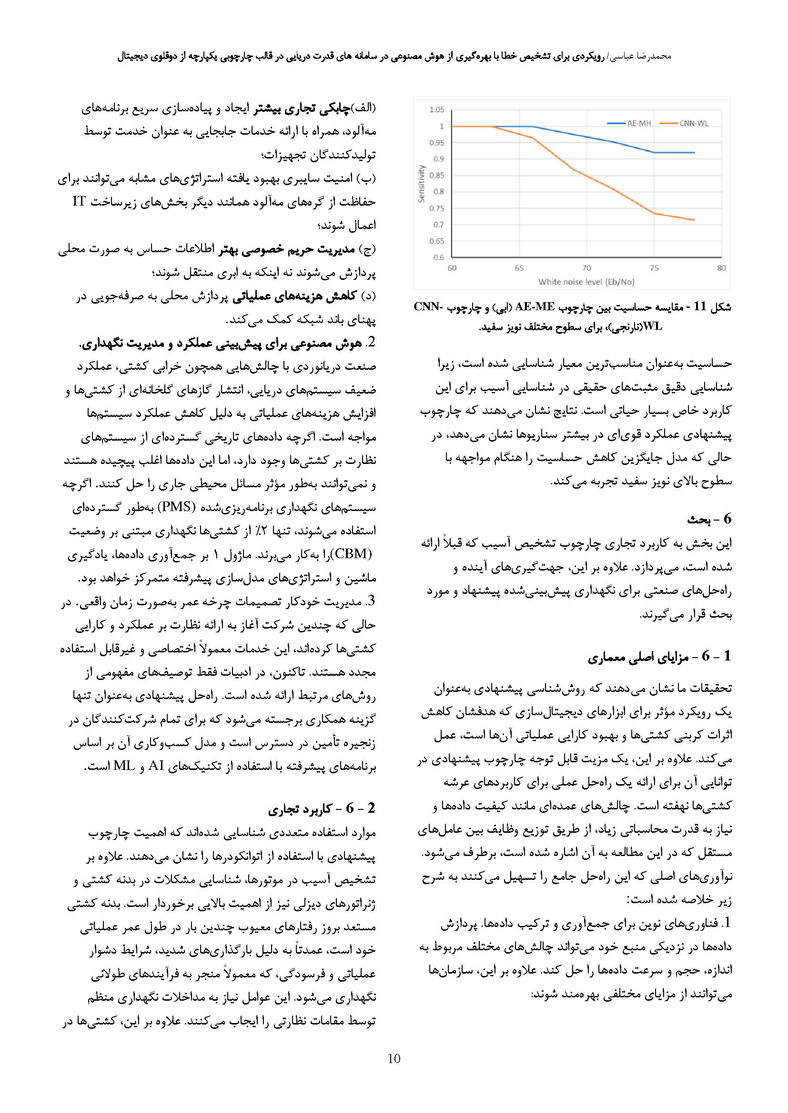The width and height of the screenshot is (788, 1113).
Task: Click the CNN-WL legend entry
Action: pyautogui.click(x=693, y=124)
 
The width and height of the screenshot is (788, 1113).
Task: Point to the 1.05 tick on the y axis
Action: pyautogui.click(x=437, y=110)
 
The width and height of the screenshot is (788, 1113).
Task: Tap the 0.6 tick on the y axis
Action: pyautogui.click(x=438, y=257)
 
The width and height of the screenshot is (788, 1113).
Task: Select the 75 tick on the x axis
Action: pyautogui.click(x=654, y=268)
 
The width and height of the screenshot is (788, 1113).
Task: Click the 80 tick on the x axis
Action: pyautogui.click(x=721, y=268)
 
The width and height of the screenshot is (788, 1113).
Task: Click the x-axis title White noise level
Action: pyautogui.click(x=586, y=282)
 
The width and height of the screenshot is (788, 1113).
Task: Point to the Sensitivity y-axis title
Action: pyautogui.click(x=422, y=184)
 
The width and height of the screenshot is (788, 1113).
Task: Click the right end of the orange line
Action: pyautogui.click(x=694, y=220)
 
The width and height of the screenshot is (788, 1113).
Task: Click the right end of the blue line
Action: pyautogui.click(x=694, y=153)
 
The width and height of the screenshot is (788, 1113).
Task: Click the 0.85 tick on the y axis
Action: pyautogui.click(x=437, y=176)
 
